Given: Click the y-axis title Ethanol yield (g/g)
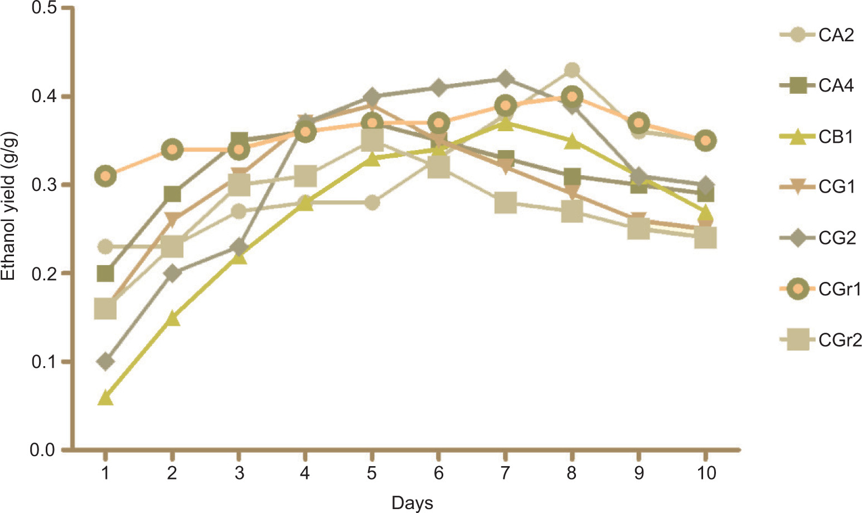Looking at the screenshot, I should pos(9,207).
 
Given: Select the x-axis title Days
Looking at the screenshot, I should pos(412,503).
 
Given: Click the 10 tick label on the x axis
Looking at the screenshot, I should pos(706,473).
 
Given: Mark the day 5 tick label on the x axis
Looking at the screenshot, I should pos(372,473).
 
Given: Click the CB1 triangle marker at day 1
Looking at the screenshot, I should pos(105,398).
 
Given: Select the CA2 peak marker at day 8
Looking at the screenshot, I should pos(572,70).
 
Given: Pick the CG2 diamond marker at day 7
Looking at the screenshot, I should pos(505,79).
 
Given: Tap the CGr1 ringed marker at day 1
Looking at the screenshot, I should pos(105,176).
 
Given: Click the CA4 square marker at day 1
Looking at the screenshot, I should pos(105,274).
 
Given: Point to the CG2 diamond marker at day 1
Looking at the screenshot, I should pos(105,362).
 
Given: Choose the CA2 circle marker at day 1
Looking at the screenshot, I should pos(105,247).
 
